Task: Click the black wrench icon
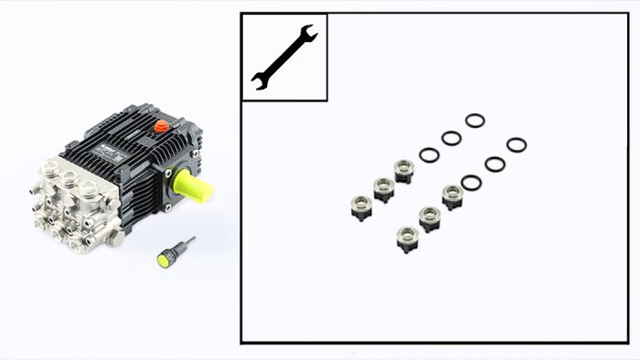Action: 283,57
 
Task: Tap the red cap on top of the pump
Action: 162,125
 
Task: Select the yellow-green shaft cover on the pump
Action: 195,188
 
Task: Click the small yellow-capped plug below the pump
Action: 165,259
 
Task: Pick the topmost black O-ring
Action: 475,121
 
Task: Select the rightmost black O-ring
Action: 516,144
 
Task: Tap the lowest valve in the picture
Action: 408,239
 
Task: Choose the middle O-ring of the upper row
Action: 451,138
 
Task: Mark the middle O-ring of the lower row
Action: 495,164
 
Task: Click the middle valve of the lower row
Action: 430,218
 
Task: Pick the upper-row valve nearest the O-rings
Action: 404,170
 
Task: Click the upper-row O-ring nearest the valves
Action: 429,155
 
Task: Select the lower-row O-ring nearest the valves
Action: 472,183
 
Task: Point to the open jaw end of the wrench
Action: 308,36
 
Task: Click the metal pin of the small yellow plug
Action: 186,244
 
